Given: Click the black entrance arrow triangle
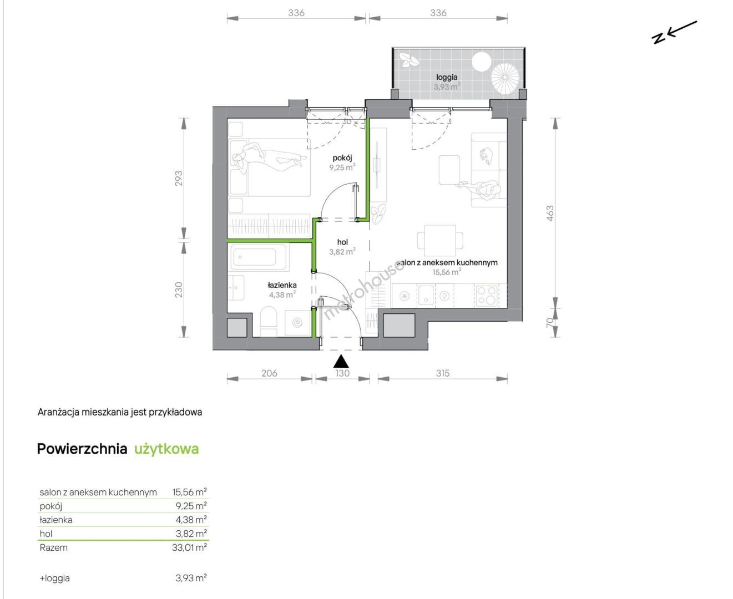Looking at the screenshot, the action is [341, 362].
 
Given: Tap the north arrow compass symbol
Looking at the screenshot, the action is [674, 33].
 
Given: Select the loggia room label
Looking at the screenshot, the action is [447, 77].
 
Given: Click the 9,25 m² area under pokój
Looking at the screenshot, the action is [342, 167].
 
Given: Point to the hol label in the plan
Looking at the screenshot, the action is [342, 242].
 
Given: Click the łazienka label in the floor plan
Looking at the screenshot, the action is [282, 285].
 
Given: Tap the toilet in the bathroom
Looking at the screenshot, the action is [269, 321].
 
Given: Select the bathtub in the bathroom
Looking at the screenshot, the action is [259, 257].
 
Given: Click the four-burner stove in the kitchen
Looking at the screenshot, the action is [487, 295].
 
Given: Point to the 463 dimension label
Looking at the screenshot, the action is [550, 213].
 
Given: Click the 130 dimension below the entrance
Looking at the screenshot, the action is [342, 373].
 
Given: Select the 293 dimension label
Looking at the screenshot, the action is [178, 178].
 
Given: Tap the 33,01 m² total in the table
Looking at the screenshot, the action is [189, 547].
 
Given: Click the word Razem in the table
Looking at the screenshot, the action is [53, 547].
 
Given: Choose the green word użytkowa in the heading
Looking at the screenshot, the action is [166, 449].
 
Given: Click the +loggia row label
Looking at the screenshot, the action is [54, 578].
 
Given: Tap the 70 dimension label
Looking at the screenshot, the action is [549, 322].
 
